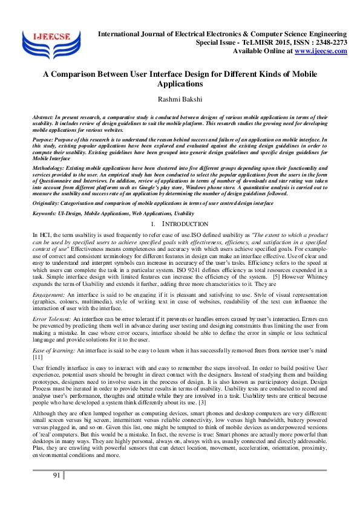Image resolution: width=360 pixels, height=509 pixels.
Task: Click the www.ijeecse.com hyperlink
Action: click(x=321, y=51)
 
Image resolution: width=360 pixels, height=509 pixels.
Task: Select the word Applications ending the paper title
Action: click(x=180, y=84)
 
